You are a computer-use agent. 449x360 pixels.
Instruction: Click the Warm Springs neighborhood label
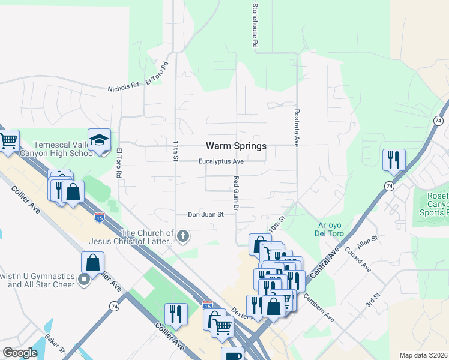coord(236,146)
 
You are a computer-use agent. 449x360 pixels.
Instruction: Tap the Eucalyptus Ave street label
coord(221,161)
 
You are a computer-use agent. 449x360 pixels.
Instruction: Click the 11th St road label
coord(176,151)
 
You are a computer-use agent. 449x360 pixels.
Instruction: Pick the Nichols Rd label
coord(123,87)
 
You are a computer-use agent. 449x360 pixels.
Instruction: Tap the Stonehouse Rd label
coord(255,25)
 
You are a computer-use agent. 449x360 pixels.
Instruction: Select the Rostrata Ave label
coord(297,127)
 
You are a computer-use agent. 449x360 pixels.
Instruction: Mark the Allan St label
coord(366,242)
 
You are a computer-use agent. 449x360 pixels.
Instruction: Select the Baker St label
coord(55,343)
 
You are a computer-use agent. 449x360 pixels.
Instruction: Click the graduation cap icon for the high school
coord(99,140)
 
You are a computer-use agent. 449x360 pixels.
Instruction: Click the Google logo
coord(20,353)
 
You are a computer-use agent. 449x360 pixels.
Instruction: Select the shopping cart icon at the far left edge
coord(8,142)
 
